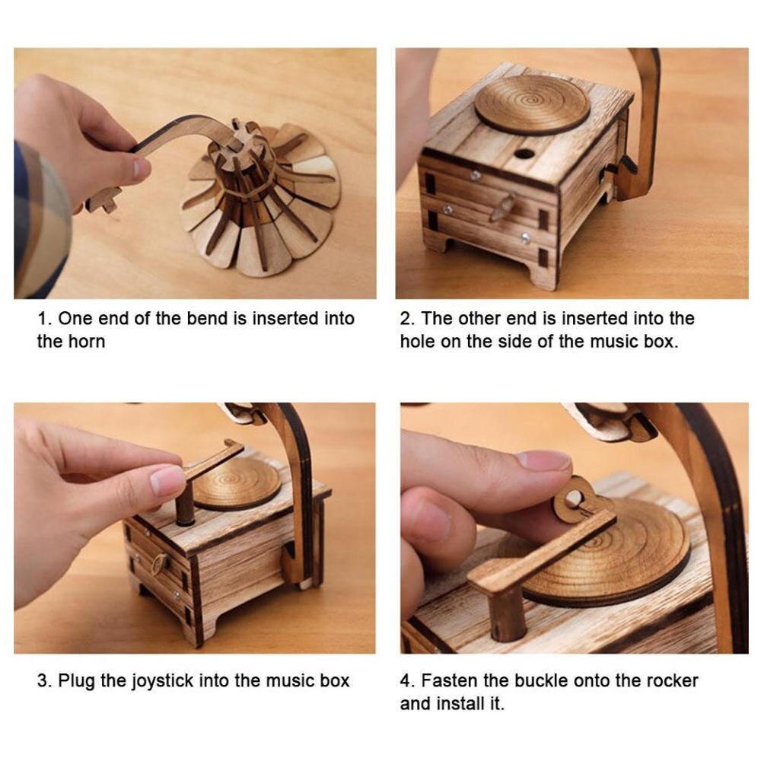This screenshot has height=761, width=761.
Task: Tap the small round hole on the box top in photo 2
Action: [524, 153]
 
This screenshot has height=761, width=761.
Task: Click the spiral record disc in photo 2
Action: [532, 103]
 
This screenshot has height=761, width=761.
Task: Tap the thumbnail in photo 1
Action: [142, 169]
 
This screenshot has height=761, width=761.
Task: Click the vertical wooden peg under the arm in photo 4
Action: [508, 613]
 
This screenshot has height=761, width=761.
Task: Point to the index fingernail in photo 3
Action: [167, 480]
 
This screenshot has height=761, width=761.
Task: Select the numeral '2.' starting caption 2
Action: [407, 318]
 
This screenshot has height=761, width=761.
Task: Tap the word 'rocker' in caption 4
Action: [671, 680]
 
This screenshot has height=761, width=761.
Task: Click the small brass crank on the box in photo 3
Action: [160, 563]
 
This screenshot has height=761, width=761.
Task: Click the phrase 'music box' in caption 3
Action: [312, 680]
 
